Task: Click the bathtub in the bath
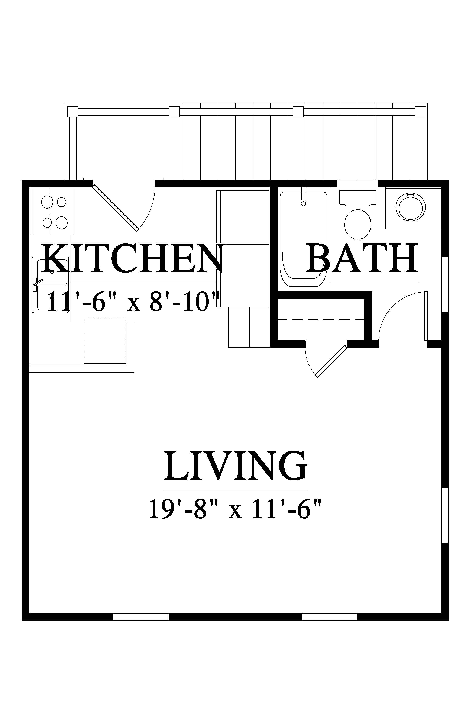tap(304, 239)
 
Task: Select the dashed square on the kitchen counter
tap(105, 341)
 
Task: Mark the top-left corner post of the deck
tap(72, 112)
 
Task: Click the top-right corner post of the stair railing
tap(421, 112)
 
